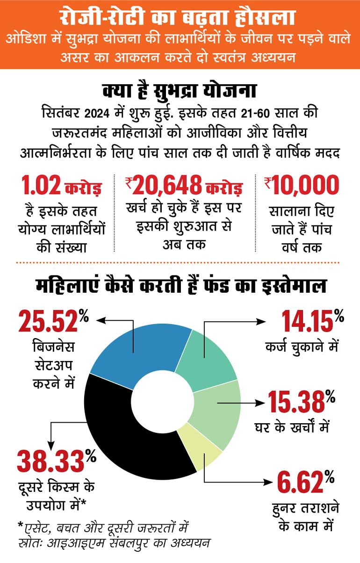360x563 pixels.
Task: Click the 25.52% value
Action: (54, 320)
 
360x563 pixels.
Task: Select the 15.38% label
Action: (302, 401)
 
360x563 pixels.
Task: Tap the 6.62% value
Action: (306, 482)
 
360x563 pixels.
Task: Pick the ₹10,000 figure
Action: (302, 186)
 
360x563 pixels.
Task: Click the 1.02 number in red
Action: (41, 186)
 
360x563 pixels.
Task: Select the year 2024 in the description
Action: (97, 114)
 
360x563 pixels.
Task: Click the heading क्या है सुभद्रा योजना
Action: (180, 91)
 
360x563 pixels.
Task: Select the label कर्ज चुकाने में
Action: (302, 347)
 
